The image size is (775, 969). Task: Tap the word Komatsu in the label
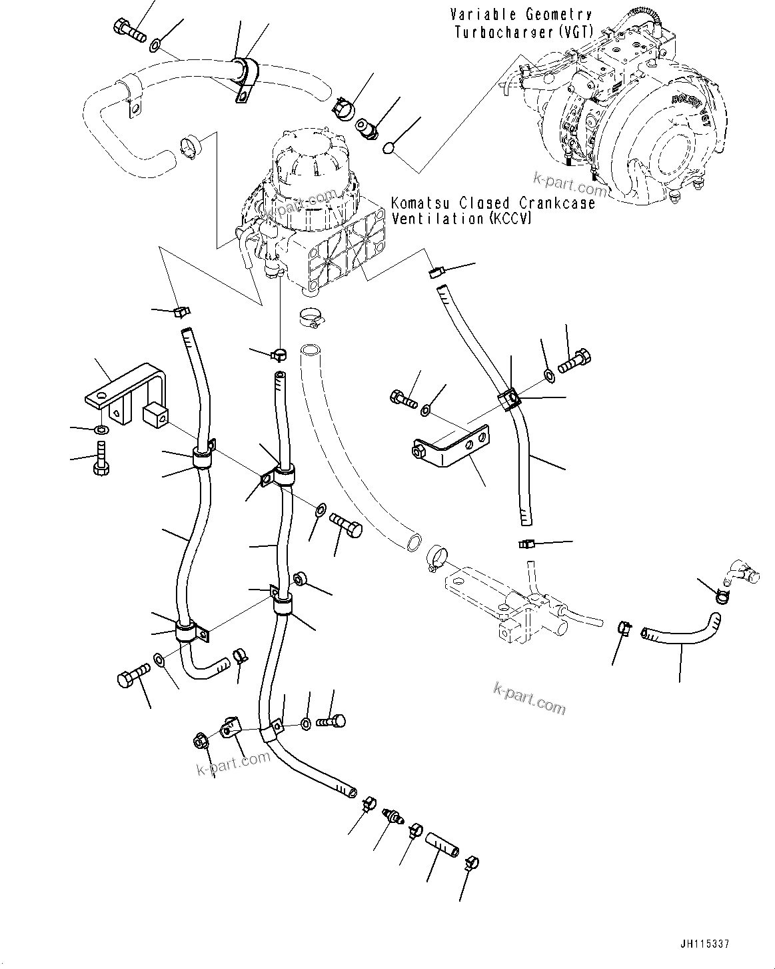pos(417,203)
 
